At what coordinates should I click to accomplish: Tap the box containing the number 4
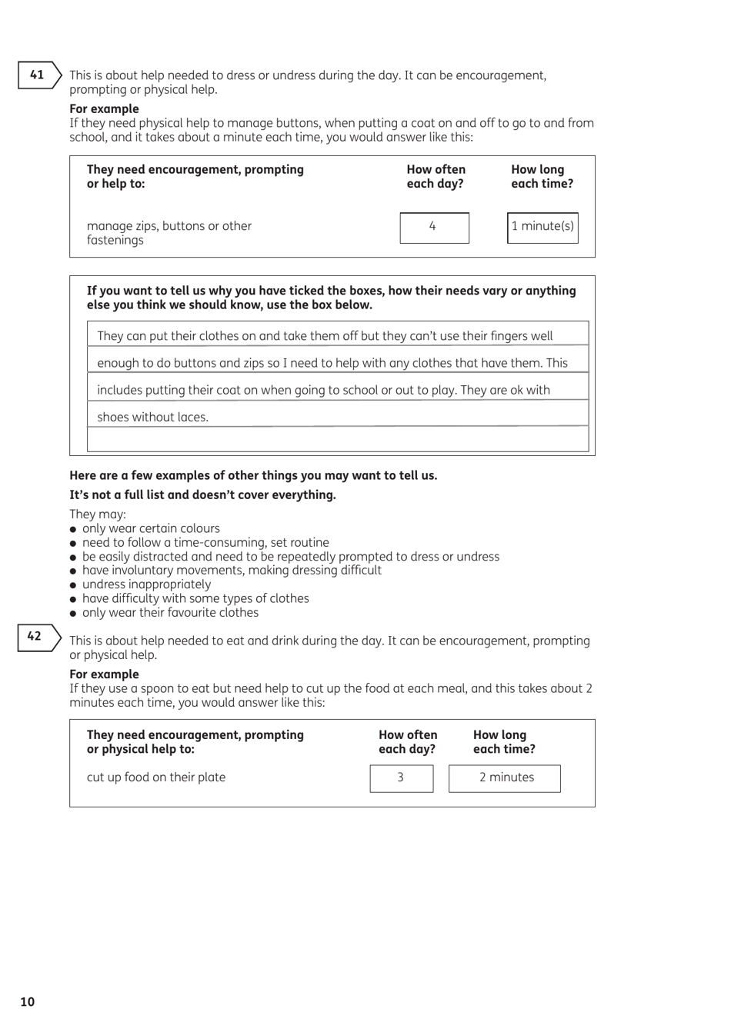(x=434, y=228)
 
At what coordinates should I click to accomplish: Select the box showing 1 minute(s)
(x=542, y=228)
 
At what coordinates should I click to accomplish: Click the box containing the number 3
(x=401, y=778)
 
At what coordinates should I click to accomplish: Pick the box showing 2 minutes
(x=505, y=778)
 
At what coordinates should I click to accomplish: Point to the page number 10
(x=28, y=1001)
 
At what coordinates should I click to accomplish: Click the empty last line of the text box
(x=338, y=440)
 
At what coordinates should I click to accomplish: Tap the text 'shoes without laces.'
(x=152, y=418)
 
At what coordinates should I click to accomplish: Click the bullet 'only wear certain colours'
(x=151, y=528)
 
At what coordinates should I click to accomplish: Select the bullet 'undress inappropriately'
(x=146, y=584)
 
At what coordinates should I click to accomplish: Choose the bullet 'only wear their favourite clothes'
(x=170, y=613)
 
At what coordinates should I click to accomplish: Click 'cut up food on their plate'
(x=156, y=777)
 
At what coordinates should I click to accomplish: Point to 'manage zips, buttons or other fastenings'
(x=169, y=233)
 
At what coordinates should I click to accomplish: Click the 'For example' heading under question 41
(x=104, y=109)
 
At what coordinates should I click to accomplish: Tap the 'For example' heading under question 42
(x=104, y=674)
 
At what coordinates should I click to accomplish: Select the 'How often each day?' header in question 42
(x=408, y=742)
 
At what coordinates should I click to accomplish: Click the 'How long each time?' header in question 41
(x=542, y=177)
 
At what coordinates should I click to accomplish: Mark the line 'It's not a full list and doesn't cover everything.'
(x=202, y=495)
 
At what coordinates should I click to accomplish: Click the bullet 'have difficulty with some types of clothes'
(x=195, y=598)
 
